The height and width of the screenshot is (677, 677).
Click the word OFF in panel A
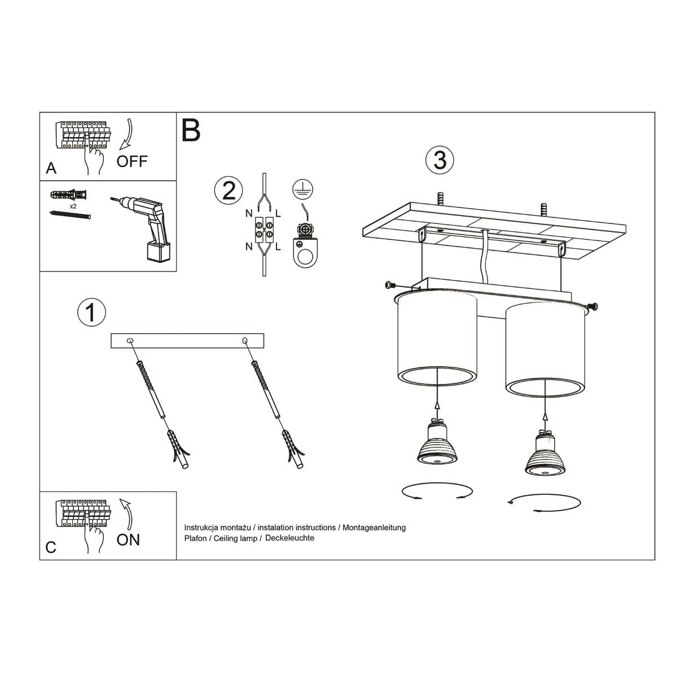click(x=131, y=161)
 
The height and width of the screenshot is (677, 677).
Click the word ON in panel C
click(x=128, y=540)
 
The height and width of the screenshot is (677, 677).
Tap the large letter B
click(x=191, y=130)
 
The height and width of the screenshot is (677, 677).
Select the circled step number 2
click(x=228, y=191)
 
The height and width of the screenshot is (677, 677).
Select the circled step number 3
click(x=439, y=160)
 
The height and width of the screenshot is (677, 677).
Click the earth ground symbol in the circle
click(x=304, y=190)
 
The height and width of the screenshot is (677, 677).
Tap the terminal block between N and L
click(x=264, y=231)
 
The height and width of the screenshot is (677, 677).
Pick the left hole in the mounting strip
click(x=130, y=341)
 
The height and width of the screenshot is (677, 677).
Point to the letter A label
click(x=51, y=168)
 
